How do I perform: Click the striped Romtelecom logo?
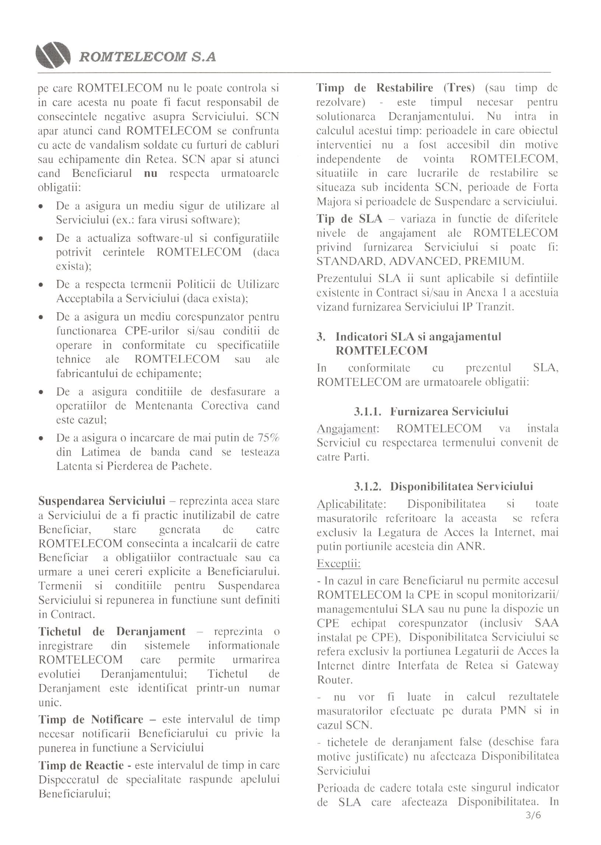coord(53,55)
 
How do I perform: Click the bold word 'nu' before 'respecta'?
coord(150,173)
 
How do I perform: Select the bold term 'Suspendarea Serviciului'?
coord(102,501)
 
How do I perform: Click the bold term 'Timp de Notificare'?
coord(91,719)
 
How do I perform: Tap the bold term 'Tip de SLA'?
coord(349,219)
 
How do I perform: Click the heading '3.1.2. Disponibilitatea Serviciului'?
coord(443,486)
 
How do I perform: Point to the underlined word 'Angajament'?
coord(347,429)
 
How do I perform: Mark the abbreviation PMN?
coord(513,710)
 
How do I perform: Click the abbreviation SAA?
coord(546,623)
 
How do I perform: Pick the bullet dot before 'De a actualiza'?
coord(42,239)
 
